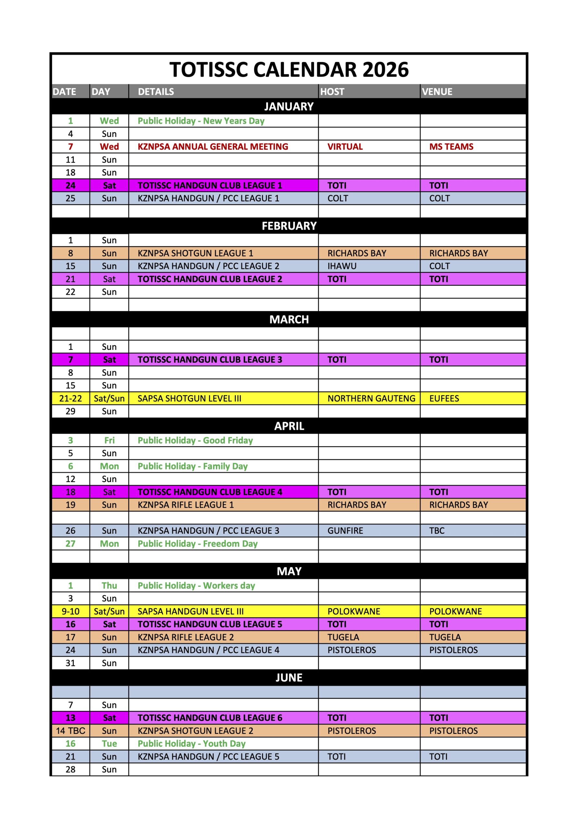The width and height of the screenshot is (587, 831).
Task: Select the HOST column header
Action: click(332, 92)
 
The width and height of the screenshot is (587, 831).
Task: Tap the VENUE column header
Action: click(437, 92)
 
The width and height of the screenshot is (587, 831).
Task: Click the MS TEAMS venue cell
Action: click(451, 147)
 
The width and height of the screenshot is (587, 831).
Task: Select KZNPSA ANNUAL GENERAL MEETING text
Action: click(213, 147)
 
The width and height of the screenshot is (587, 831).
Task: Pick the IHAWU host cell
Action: click(342, 266)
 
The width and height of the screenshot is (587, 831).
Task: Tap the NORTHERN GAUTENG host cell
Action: click(371, 399)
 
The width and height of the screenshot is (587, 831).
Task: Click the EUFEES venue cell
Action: click(444, 399)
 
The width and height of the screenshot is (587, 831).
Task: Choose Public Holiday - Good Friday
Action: click(195, 440)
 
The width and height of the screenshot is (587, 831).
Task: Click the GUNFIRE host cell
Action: click(345, 531)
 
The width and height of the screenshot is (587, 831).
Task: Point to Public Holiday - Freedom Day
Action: click(198, 544)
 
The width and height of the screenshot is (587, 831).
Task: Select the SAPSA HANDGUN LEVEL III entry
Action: click(191, 611)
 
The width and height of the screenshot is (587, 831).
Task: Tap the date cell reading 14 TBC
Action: click(70, 731)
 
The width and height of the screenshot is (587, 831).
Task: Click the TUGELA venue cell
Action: click(445, 637)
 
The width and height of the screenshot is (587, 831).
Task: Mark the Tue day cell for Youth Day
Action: click(109, 743)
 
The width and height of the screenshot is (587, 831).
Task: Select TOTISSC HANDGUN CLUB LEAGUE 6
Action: click(210, 718)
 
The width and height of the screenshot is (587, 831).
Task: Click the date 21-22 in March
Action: click(70, 399)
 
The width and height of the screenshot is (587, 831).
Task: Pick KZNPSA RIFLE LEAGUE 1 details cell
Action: click(186, 505)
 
